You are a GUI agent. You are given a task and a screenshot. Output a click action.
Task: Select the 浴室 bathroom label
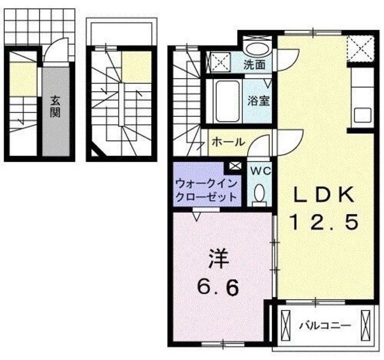(x=259, y=101)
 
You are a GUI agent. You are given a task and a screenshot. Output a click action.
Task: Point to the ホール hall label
(x=227, y=142)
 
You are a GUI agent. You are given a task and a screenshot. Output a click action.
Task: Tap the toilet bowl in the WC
(x=260, y=194)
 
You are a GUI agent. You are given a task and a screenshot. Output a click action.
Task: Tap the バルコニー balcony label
(x=324, y=326)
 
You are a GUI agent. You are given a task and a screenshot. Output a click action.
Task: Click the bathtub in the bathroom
(x=226, y=101)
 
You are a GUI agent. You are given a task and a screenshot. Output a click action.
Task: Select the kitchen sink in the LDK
(x=362, y=113)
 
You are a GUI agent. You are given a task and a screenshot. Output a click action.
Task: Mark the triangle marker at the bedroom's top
(x=196, y=211)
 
